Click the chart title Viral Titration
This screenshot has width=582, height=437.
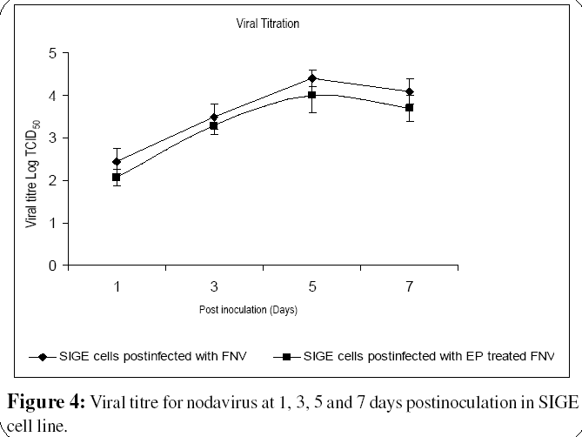(269, 24)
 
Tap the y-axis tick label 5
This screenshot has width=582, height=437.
(52, 53)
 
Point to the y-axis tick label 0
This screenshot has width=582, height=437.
(52, 266)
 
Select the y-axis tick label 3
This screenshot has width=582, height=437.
(52, 138)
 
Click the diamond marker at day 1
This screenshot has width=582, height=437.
(117, 161)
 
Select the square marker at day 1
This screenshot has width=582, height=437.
(117, 177)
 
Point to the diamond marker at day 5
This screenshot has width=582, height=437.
(311, 78)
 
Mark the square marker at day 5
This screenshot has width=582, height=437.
(311, 95)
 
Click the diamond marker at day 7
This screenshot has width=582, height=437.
(409, 91)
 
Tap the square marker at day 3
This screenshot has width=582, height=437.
(214, 125)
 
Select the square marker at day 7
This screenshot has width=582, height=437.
(409, 107)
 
